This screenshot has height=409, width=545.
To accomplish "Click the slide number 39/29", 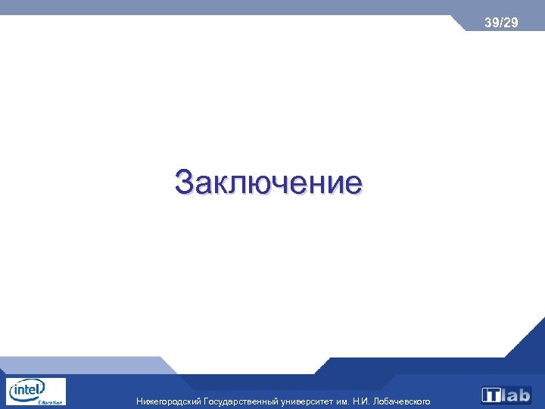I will coord(501,23).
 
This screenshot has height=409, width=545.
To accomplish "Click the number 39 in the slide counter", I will coord(492,23).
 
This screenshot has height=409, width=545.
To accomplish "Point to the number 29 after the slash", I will coord(511,23).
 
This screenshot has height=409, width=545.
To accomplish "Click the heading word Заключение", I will coord(268,183).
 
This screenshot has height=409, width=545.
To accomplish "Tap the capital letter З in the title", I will coord(185,183).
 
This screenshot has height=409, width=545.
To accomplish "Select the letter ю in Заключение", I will coord(267,185).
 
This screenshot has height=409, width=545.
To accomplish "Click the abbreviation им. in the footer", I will coord(343,401).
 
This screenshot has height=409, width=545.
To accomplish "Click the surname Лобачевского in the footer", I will coord(403,401).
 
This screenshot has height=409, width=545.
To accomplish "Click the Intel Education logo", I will coord(36,392).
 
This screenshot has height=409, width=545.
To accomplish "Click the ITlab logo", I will coord(506,395).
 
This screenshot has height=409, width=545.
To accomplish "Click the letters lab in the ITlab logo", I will coord(516,395).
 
